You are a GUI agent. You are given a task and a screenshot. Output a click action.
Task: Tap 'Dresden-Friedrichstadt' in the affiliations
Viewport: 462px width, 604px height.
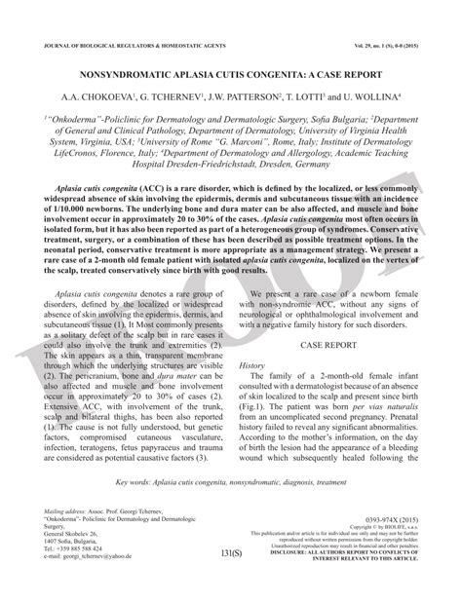click(193, 166)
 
